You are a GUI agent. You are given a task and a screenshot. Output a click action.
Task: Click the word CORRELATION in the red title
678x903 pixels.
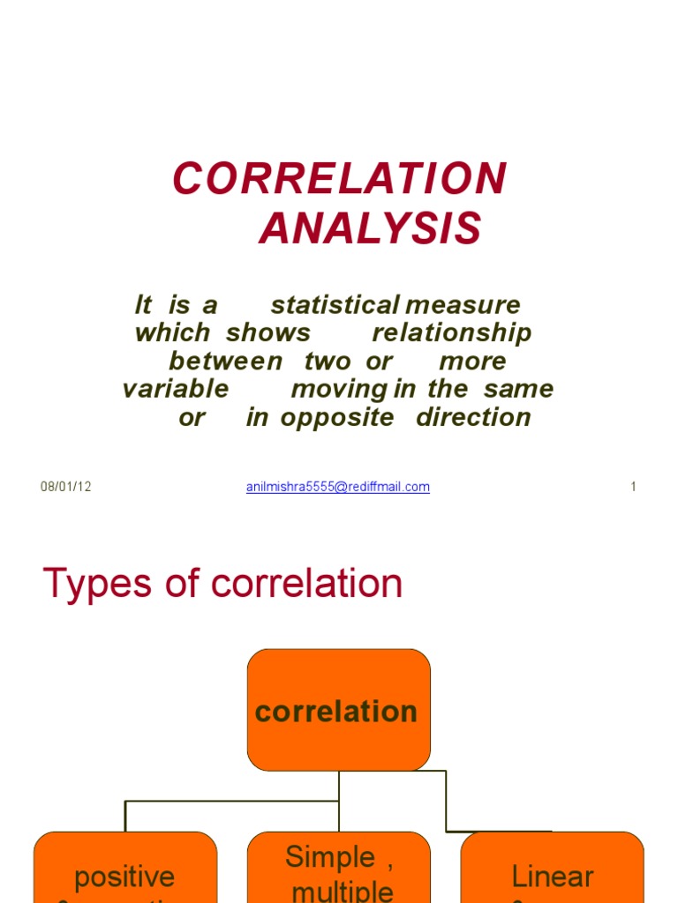[x=340, y=179]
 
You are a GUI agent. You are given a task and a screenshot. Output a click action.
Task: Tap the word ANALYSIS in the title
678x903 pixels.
[x=371, y=229]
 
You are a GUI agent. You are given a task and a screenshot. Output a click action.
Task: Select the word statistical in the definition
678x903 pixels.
[x=335, y=305]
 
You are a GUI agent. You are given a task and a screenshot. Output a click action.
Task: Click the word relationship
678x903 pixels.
[x=452, y=333]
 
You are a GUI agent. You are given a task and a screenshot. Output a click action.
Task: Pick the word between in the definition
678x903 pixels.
[x=226, y=362]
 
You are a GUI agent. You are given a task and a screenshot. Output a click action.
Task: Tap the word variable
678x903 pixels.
[x=176, y=389]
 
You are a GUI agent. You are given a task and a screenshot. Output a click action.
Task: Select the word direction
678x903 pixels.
[x=473, y=417]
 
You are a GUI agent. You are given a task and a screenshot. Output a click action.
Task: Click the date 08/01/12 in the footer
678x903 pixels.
[x=66, y=487]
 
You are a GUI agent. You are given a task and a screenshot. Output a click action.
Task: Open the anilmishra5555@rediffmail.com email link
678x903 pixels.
[x=338, y=487]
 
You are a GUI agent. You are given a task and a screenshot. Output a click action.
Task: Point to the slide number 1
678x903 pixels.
[x=633, y=487]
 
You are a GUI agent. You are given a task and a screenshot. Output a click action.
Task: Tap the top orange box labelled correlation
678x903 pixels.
[x=338, y=711]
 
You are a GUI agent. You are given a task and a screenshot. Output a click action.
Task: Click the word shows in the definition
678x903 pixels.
[x=267, y=333]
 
